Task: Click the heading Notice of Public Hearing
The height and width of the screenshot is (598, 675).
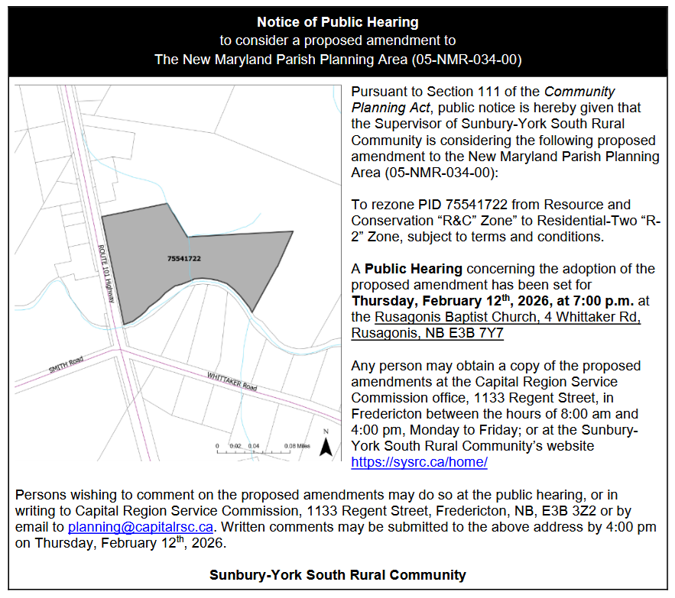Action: (x=337, y=22)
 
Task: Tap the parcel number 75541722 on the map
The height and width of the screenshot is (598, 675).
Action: (x=183, y=259)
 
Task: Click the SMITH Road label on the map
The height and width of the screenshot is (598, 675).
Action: (x=67, y=366)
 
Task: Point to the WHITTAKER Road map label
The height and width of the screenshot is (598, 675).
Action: (x=231, y=380)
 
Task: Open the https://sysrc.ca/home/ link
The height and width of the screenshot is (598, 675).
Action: (x=419, y=462)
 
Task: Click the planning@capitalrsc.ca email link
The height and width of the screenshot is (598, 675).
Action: (x=140, y=527)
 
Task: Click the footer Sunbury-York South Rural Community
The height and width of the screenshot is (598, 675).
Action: (x=337, y=574)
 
